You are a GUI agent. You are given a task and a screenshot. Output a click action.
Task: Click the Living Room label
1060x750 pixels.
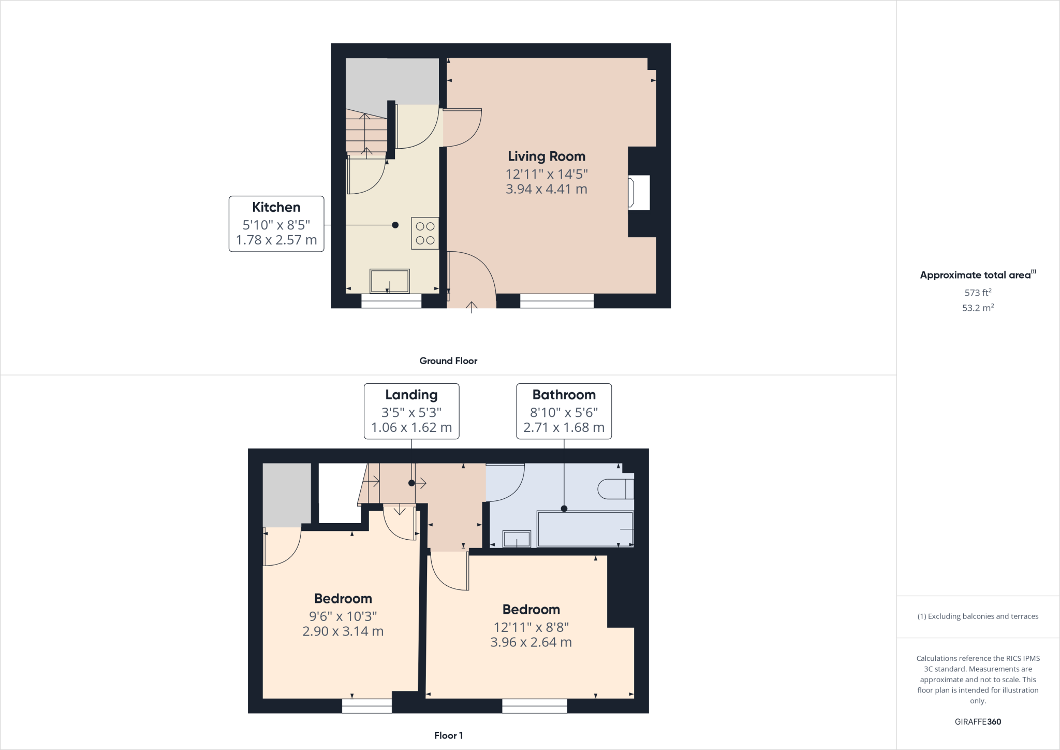point(546,156)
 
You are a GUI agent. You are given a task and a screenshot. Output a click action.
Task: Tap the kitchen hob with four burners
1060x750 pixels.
point(425,233)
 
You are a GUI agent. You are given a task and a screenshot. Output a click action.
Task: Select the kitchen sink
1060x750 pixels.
point(390,281)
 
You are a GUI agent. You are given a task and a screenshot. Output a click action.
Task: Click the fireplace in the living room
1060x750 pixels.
point(639,193)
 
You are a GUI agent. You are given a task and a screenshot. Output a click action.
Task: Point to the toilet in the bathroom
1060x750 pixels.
point(615,489)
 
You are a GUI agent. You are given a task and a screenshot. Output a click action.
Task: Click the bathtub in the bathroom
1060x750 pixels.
point(585,529)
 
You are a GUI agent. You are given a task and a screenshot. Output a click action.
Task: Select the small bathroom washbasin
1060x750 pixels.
point(517,539)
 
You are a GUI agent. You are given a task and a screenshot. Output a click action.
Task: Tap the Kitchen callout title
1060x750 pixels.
point(276,207)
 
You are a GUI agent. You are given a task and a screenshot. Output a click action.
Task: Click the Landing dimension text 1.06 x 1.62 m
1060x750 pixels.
point(411,427)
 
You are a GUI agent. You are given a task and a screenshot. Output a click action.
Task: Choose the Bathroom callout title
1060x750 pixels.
point(564,395)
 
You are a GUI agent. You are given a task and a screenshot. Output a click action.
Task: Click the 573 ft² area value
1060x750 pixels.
point(978,293)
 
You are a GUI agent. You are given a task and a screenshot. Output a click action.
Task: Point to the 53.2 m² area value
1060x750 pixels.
point(978,308)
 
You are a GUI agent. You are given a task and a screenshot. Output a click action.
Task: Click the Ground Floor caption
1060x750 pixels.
point(448,361)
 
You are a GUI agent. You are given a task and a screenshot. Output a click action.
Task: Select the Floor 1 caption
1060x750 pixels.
point(448,735)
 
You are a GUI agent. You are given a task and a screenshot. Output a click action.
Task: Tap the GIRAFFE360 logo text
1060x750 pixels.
point(978,722)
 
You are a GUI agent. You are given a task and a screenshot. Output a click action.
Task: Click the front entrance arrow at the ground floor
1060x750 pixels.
point(471,307)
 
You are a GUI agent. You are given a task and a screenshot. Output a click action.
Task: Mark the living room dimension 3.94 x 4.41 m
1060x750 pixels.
point(546,189)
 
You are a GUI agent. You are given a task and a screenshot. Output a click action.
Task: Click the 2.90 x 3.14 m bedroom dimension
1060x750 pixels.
point(343,631)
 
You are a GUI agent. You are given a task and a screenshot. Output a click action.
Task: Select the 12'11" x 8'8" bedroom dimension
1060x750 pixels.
point(531,627)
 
